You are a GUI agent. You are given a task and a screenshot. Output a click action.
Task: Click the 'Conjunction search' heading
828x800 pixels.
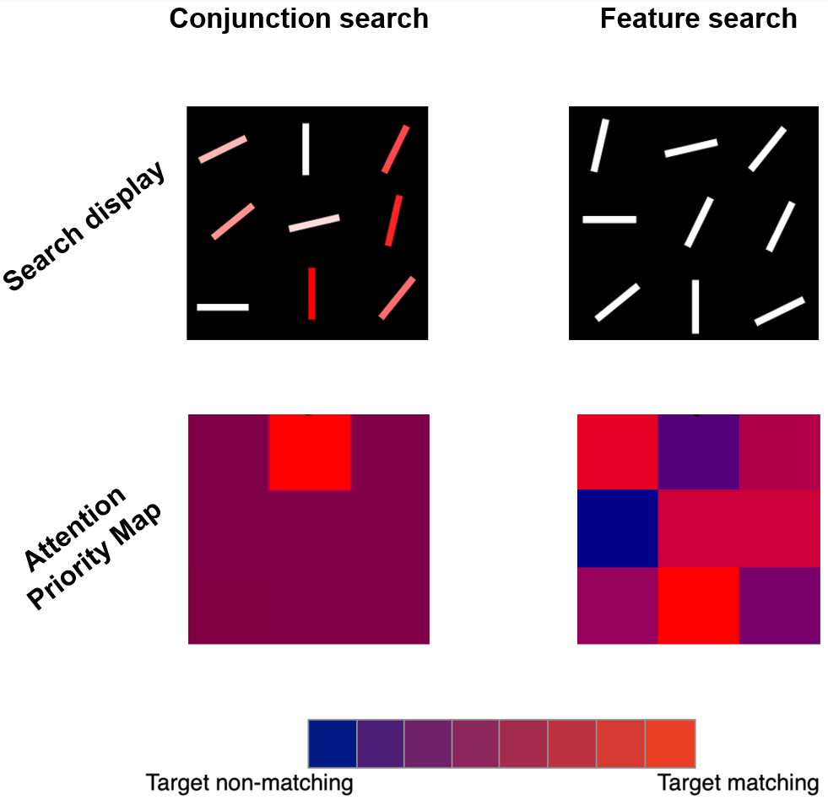(299, 19)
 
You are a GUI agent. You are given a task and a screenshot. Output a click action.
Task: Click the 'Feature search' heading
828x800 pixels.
(698, 19)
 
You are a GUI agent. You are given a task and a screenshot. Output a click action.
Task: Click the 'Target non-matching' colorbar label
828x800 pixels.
(249, 782)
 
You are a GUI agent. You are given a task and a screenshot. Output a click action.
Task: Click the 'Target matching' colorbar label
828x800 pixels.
(738, 782)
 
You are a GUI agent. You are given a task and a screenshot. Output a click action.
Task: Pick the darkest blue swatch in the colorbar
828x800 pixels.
(333, 743)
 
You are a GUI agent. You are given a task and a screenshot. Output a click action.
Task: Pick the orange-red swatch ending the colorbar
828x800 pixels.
(670, 743)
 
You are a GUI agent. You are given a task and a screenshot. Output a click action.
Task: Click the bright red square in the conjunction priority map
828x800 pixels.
(310, 452)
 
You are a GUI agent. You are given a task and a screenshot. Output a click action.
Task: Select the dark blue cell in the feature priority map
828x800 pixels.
(617, 527)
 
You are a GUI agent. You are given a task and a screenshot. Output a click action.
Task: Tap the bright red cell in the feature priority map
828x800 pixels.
(698, 605)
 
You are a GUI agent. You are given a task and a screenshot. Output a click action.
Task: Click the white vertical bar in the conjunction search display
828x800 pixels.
(306, 149)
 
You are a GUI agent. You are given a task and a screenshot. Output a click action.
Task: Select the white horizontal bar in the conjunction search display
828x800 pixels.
(223, 307)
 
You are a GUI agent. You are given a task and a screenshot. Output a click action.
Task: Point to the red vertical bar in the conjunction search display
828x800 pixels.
(311, 294)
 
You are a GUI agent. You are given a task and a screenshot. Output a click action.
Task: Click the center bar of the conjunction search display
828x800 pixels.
(314, 223)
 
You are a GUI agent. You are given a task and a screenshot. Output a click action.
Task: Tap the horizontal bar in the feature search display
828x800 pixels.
(609, 219)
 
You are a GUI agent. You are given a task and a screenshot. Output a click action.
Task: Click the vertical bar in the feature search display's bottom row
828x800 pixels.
(695, 306)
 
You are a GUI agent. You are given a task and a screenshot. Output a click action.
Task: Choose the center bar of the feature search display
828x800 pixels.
(699, 222)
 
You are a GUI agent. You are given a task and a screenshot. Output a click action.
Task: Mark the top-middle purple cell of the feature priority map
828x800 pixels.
(698, 451)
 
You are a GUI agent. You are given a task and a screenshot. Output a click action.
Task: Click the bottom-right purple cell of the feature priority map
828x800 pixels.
(779, 605)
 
